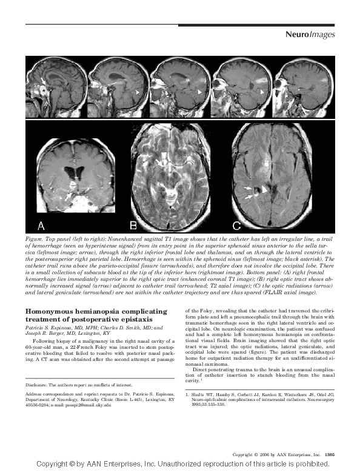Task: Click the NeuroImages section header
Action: pyautogui.click(x=310, y=35)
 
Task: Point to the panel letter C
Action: pyautogui.click(x=236, y=226)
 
